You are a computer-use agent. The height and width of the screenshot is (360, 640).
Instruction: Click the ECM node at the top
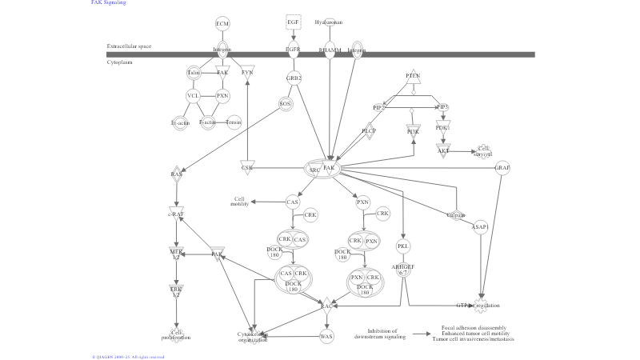click(x=222, y=23)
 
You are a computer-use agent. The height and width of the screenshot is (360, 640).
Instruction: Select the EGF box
click(x=293, y=22)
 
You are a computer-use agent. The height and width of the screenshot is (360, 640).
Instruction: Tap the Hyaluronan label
click(x=329, y=22)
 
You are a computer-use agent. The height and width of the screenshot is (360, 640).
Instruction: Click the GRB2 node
click(x=294, y=78)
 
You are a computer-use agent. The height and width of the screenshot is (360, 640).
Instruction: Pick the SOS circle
click(x=285, y=103)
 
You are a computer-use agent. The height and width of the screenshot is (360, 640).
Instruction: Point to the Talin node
click(x=193, y=73)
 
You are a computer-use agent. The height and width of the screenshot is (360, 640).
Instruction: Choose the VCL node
click(x=193, y=96)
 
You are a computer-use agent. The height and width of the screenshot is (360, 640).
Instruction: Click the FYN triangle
click(x=247, y=73)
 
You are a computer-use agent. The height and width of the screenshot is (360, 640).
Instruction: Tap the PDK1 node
click(x=442, y=127)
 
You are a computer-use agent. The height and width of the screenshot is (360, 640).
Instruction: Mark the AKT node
click(x=442, y=150)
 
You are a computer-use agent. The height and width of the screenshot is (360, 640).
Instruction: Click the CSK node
click(x=247, y=168)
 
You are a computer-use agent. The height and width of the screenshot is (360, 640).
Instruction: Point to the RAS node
click(x=177, y=174)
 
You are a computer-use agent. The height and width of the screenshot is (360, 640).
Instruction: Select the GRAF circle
click(x=502, y=168)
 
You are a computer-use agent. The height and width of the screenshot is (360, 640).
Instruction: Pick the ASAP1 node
click(x=480, y=226)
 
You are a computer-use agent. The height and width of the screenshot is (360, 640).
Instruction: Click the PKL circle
click(x=403, y=246)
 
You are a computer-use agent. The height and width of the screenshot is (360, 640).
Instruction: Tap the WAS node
click(x=326, y=336)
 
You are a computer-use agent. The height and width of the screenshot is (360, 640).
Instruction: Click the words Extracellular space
click(x=129, y=46)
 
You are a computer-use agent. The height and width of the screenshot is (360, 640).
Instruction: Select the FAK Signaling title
click(x=108, y=3)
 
